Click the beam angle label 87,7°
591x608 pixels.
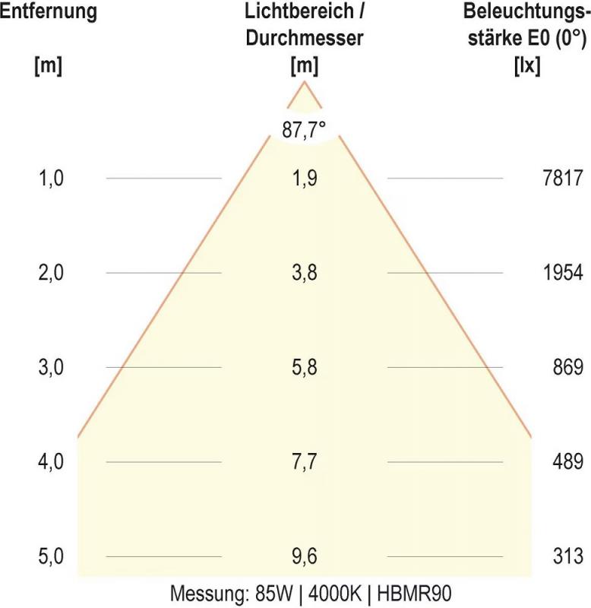[304, 130]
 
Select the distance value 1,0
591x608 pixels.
[52, 179]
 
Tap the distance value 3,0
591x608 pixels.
[52, 368]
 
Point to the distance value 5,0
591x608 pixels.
[52, 557]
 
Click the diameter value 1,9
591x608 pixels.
[304, 179]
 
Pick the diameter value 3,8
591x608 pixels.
[304, 274]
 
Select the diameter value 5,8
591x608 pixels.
[304, 368]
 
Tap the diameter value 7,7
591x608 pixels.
[304, 462]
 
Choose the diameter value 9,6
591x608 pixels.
[304, 557]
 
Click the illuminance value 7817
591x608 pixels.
[563, 179]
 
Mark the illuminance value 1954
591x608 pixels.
[563, 274]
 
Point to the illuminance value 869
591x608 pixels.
[568, 368]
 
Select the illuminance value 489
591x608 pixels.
[568, 462]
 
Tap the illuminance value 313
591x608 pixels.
[568, 557]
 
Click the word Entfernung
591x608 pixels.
[48, 13]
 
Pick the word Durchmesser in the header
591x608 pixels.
[304, 38]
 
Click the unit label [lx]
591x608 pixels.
[527, 66]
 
